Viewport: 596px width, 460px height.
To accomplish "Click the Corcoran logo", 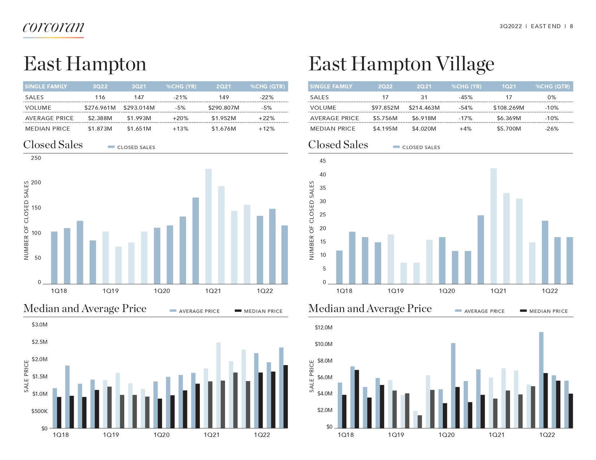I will click(53, 28).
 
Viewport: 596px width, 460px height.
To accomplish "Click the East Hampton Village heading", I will click(401, 64).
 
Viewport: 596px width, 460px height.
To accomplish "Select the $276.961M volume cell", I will click(100, 108).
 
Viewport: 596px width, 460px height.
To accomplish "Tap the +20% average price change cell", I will click(180, 118).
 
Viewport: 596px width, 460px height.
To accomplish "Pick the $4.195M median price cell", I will click(385, 129).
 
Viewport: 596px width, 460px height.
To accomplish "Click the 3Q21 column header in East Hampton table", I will click(139, 87).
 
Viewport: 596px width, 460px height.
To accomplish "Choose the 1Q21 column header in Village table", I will click(509, 87).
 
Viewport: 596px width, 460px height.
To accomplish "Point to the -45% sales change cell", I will click(465, 97).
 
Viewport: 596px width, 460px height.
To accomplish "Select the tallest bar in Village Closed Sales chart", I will click(493, 226).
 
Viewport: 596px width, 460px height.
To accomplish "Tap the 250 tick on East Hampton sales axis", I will click(36, 158).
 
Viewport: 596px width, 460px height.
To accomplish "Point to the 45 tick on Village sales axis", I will click(323, 161).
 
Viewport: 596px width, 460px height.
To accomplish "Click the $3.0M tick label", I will click(39, 325).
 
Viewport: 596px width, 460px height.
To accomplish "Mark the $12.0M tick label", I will click(324, 328).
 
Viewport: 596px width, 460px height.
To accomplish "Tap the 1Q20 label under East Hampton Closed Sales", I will click(162, 291).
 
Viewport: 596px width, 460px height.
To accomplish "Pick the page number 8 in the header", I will click(571, 26).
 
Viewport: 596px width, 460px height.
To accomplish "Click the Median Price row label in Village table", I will click(333, 129).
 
